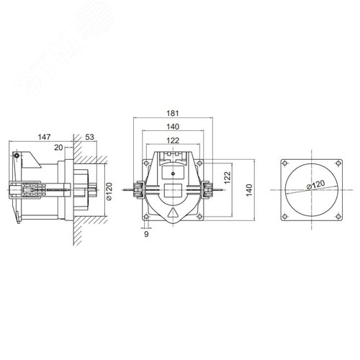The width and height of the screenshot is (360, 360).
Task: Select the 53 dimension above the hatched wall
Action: pyautogui.click(x=90, y=136)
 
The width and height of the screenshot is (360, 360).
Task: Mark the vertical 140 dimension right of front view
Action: pyautogui.click(x=248, y=190)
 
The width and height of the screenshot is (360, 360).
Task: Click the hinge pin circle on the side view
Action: pyautogui.click(x=16, y=156)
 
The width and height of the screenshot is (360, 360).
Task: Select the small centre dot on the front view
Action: pyautogui.click(x=173, y=174)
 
